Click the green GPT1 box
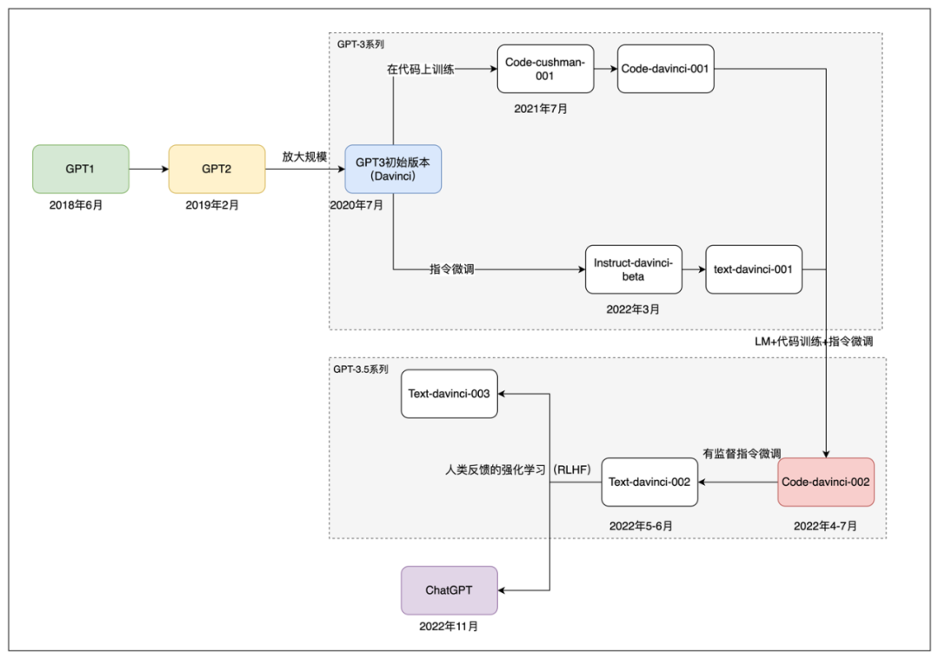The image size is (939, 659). pos(80,169)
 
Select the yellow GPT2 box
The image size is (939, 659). pos(216,169)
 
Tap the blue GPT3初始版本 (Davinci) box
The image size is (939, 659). pos(393,169)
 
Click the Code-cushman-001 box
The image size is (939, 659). pos(545,69)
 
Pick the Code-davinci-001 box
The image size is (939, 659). pos(666,69)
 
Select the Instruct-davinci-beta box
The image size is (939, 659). pos(632,270)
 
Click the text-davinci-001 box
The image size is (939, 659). pos(753,270)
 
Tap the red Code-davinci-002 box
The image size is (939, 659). pos(825,482)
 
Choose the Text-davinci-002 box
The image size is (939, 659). pos(649,482)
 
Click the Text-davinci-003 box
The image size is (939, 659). pos(449,394)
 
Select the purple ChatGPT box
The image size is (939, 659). pos(449,590)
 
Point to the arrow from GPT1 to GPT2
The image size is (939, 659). pos(148,169)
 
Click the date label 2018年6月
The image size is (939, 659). pos(80,205)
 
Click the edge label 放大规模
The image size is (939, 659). pos(304,156)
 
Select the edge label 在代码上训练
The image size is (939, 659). pos(420,69)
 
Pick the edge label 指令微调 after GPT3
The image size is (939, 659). pos(452,270)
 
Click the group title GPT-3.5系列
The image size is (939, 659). pos(361,369)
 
